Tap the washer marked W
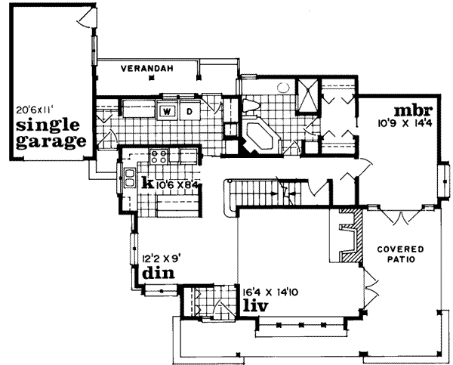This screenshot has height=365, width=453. pos(167,112)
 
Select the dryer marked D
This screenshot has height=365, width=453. pos(190,112)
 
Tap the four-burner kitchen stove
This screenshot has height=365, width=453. pos(160,157)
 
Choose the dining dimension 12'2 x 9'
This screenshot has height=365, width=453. pos(158,256)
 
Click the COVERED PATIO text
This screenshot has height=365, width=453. pos(401,255)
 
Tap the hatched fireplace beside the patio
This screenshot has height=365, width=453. pos(348,234)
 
